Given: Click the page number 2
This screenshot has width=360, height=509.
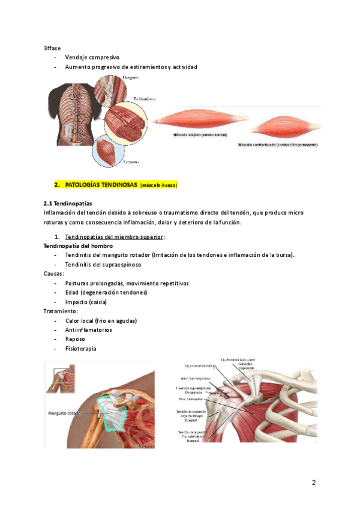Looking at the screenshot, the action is coord(313,483).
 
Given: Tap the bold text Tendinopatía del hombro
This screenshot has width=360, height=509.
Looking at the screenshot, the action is coord(78,246).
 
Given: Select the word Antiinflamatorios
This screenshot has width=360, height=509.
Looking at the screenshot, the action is coord(88,330).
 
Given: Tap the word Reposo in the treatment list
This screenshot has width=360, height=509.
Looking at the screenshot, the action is coord(76,339).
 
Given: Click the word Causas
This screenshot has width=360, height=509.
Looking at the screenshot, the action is coord(55,273).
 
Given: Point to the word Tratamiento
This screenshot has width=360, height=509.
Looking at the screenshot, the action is coord(61,311).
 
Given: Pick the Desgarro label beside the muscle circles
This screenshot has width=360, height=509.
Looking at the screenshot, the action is coord(130,78).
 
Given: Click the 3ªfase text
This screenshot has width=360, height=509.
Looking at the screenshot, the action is coord(52,47).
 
